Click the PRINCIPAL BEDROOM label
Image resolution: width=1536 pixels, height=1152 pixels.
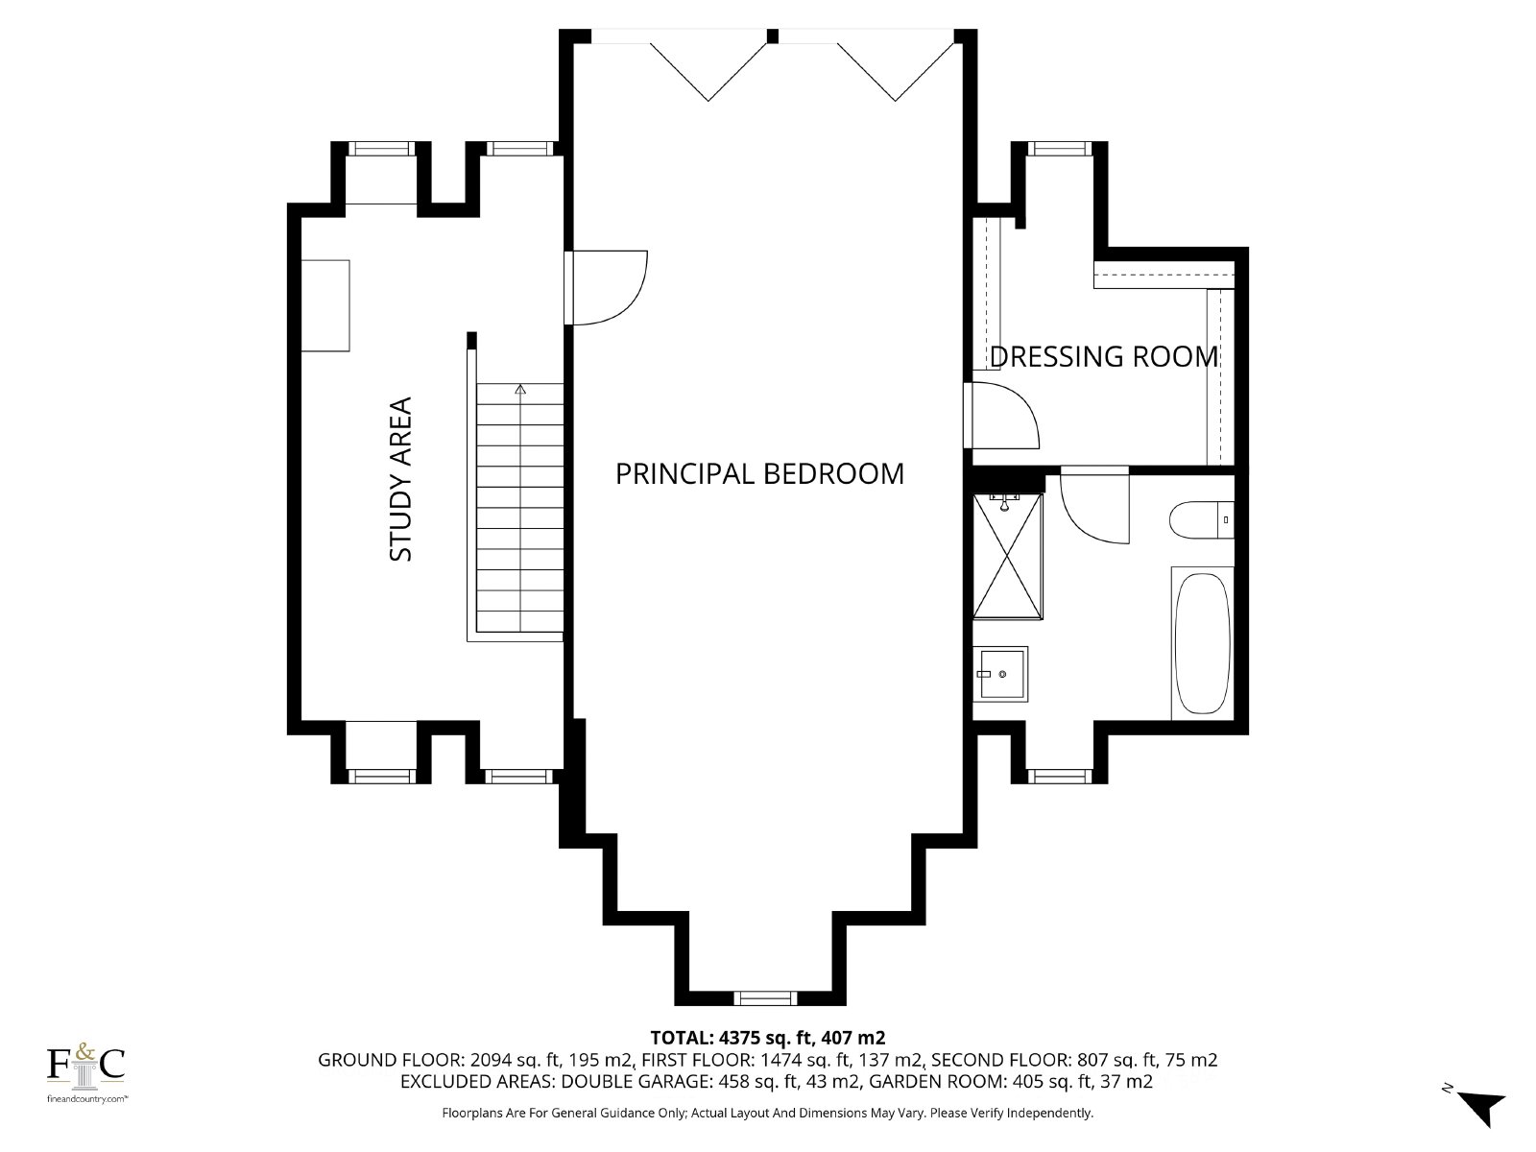tap(759, 474)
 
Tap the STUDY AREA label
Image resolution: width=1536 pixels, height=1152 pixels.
tap(400, 480)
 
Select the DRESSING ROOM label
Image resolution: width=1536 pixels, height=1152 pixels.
tap(1104, 357)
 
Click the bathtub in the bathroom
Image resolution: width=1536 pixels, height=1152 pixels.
tap(1202, 643)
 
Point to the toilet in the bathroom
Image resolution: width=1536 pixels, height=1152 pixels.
tap(1201, 520)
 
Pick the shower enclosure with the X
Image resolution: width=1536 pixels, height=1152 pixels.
tap(1008, 557)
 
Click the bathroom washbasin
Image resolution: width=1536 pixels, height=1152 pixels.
tap(1000, 674)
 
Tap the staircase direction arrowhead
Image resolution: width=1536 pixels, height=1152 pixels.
tap(520, 389)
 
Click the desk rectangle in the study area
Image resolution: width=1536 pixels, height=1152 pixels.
tap(325, 305)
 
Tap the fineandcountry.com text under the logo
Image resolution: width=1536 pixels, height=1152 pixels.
tap(86, 1099)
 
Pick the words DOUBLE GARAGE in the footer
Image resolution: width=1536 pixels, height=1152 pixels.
tap(636, 1081)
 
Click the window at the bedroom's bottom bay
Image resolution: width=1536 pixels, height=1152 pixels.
tap(765, 998)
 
